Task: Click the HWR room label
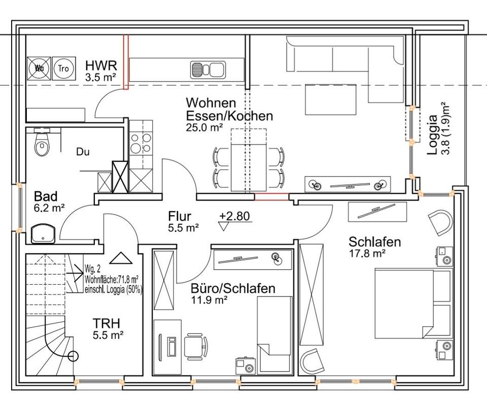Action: pyautogui.click(x=101, y=65)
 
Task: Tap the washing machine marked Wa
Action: pyautogui.click(x=39, y=69)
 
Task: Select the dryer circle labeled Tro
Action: pyautogui.click(x=64, y=69)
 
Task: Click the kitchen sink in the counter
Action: pyautogui.click(x=207, y=70)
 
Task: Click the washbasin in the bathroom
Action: pyautogui.click(x=43, y=233)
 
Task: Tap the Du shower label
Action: pyautogui.click(x=83, y=152)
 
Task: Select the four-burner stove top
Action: pyautogui.click(x=141, y=143)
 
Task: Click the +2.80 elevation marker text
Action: pyautogui.click(x=234, y=216)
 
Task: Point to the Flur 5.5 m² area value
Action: pyautogui.click(x=184, y=228)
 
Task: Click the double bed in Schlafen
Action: pyautogui.click(x=413, y=303)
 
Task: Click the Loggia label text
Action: pyautogui.click(x=432, y=134)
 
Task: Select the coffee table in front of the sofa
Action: pyautogui.click(x=330, y=99)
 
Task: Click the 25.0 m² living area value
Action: pyautogui.click(x=204, y=127)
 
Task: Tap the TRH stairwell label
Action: pyautogui.click(x=107, y=323)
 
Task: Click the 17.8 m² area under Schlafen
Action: pyautogui.click(x=367, y=253)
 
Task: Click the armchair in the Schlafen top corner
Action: pyautogui.click(x=440, y=222)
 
